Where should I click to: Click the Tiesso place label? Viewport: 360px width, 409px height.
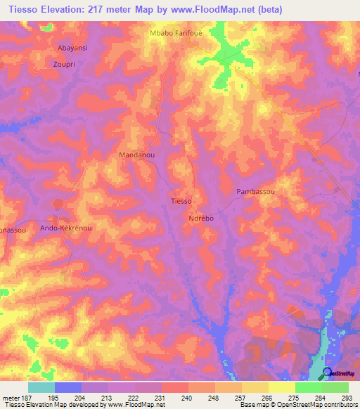coord(181,201)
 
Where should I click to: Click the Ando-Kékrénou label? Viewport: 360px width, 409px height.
coord(66,228)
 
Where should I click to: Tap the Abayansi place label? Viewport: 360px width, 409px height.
coord(73,49)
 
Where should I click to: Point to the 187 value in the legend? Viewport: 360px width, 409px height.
coord(28,397)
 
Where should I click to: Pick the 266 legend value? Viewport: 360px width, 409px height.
coord(268,397)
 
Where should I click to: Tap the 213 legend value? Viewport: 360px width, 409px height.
coord(108,397)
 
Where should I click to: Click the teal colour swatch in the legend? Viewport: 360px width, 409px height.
coord(41,387)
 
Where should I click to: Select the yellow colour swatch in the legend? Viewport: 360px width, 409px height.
coord(281,387)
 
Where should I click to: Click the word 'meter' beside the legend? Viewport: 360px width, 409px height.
coord(11,397)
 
